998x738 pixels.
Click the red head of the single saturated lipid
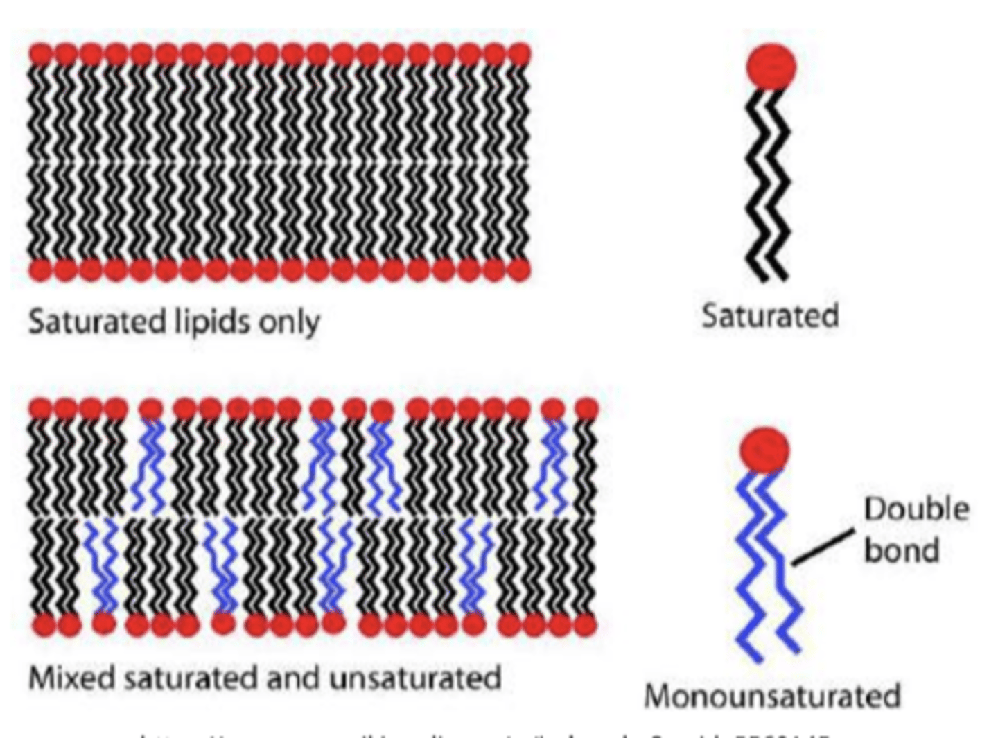pyautogui.click(x=771, y=66)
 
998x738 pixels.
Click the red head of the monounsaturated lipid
pyautogui.click(x=764, y=450)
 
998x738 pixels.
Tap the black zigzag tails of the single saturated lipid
pyautogui.click(x=767, y=187)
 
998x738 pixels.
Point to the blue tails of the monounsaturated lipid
pyautogui.click(x=766, y=561)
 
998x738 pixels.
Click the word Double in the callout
pyautogui.click(x=916, y=509)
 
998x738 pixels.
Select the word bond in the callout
pyautogui.click(x=901, y=551)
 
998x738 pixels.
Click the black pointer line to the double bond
pyautogui.click(x=823, y=547)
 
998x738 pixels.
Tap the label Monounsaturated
pyautogui.click(x=772, y=696)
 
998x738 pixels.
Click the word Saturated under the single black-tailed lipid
pyautogui.click(x=770, y=315)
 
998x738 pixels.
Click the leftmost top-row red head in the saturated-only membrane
pyautogui.click(x=41, y=54)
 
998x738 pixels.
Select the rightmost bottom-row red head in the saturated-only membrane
pyautogui.click(x=518, y=269)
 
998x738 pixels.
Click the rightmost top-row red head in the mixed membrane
pyautogui.click(x=586, y=409)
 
